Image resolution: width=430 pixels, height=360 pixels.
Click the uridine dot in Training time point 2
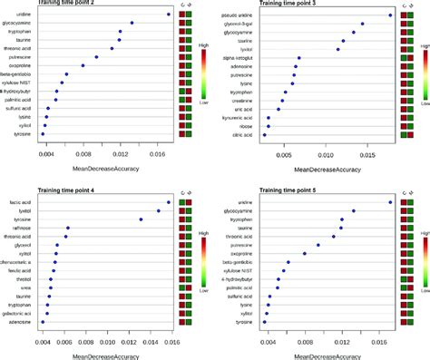[x=169, y=15]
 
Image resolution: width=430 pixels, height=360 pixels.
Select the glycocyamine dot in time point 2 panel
[x=132, y=23]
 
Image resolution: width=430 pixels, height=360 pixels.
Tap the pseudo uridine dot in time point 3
[x=390, y=15]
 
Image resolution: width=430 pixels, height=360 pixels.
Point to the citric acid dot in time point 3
[x=265, y=134]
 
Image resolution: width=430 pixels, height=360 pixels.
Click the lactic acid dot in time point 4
[x=169, y=202]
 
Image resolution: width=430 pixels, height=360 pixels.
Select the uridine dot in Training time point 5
[x=391, y=202]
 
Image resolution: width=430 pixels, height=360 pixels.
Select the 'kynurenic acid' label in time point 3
[x=241, y=117]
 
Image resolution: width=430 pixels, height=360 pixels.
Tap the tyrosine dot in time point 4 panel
[x=141, y=219]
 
